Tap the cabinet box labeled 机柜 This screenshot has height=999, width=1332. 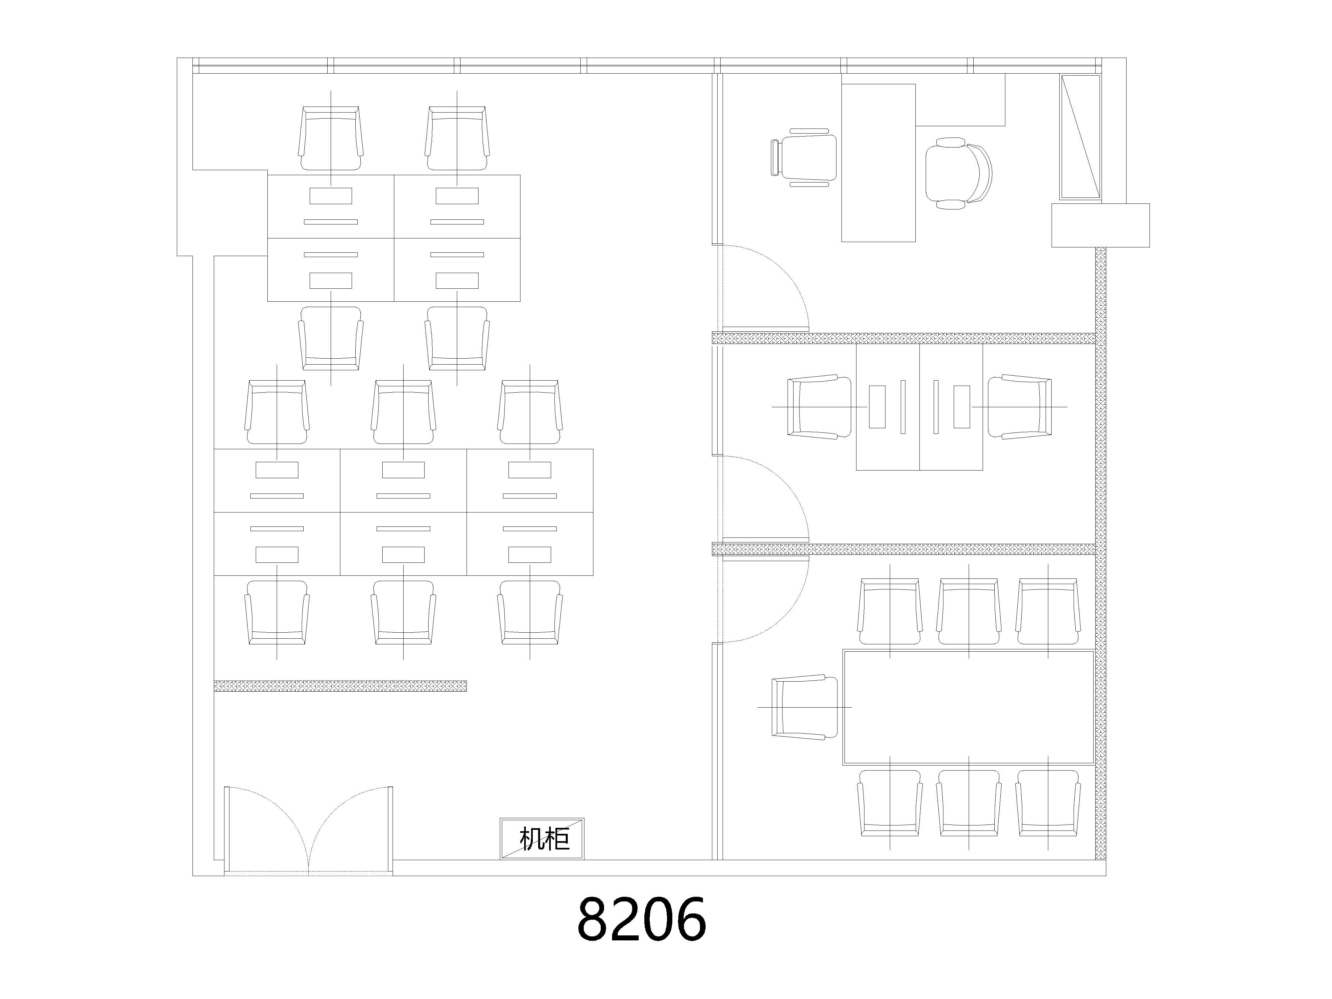pyautogui.click(x=542, y=838)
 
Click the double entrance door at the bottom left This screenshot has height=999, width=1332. pyautogui.click(x=308, y=831)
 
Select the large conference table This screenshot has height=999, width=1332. pyautogui.click(x=968, y=707)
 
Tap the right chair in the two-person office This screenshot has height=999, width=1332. pyautogui.click(x=1019, y=407)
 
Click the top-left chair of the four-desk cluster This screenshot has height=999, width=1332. pyautogui.click(x=331, y=138)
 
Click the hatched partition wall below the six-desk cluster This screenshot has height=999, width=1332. pyautogui.click(x=340, y=686)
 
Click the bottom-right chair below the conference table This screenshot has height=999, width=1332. pyautogui.click(x=1048, y=803)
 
